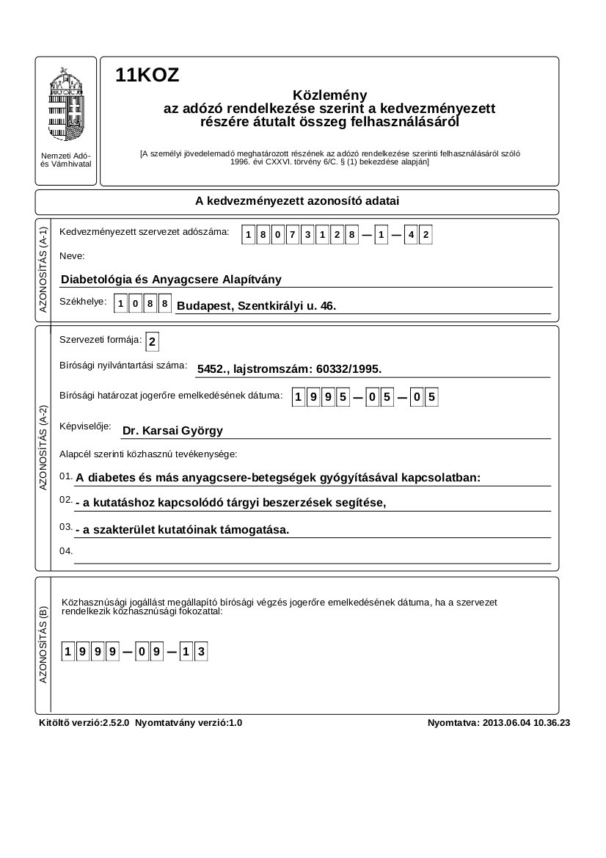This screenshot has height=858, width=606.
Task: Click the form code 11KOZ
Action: pyautogui.click(x=147, y=76)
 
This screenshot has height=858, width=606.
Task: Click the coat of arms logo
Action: pyautogui.click(x=66, y=103)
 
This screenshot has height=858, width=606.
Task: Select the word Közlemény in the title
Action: pyautogui.click(x=329, y=95)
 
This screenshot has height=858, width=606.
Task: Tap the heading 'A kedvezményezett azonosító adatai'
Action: pyautogui.click(x=297, y=201)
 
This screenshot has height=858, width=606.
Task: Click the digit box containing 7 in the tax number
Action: pyautogui.click(x=293, y=236)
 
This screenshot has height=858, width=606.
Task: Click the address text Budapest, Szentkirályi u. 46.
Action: pyautogui.click(x=257, y=305)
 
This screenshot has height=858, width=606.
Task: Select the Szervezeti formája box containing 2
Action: pyautogui.click(x=152, y=342)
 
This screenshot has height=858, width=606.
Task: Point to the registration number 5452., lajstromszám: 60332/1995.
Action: pyautogui.click(x=290, y=370)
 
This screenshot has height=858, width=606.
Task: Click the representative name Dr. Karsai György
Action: pyautogui.click(x=172, y=431)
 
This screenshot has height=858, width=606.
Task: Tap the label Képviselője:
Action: pyautogui.click(x=85, y=426)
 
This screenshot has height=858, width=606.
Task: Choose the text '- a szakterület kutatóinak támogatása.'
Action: pyautogui.click(x=183, y=529)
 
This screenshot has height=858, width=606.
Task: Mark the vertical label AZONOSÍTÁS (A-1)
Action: pyautogui.click(x=43, y=270)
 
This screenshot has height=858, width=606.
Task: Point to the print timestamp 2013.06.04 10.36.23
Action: pyautogui.click(x=527, y=723)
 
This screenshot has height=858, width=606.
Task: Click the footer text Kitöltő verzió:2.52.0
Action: pyautogui.click(x=84, y=723)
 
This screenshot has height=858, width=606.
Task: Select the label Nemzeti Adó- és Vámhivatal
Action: pyautogui.click(x=66, y=160)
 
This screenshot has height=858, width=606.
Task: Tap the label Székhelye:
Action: pyautogui.click(x=83, y=302)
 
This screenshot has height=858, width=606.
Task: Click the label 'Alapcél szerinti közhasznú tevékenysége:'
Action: pyautogui.click(x=148, y=454)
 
